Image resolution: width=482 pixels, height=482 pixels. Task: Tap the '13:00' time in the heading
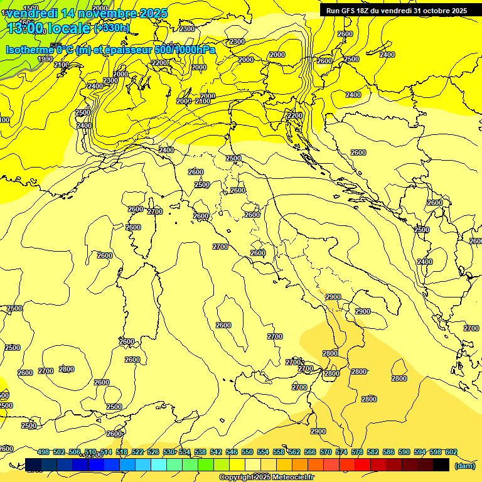coord(25,28)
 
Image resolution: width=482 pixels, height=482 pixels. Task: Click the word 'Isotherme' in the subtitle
coord(29,50)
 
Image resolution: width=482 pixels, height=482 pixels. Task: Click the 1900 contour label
coord(45,59)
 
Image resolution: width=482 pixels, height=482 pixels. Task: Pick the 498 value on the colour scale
coord(43,452)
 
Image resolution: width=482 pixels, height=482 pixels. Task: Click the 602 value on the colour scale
coord(451,452)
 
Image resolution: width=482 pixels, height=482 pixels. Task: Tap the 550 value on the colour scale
coord(247,452)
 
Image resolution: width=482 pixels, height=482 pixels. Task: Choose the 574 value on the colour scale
coord(341,452)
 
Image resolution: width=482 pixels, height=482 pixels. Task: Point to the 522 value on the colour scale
coord(137,452)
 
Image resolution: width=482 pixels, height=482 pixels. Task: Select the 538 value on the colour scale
coord(200,452)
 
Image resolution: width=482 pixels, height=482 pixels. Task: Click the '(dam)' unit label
coord(464,465)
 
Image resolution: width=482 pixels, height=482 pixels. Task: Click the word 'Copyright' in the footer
coord(237,478)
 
